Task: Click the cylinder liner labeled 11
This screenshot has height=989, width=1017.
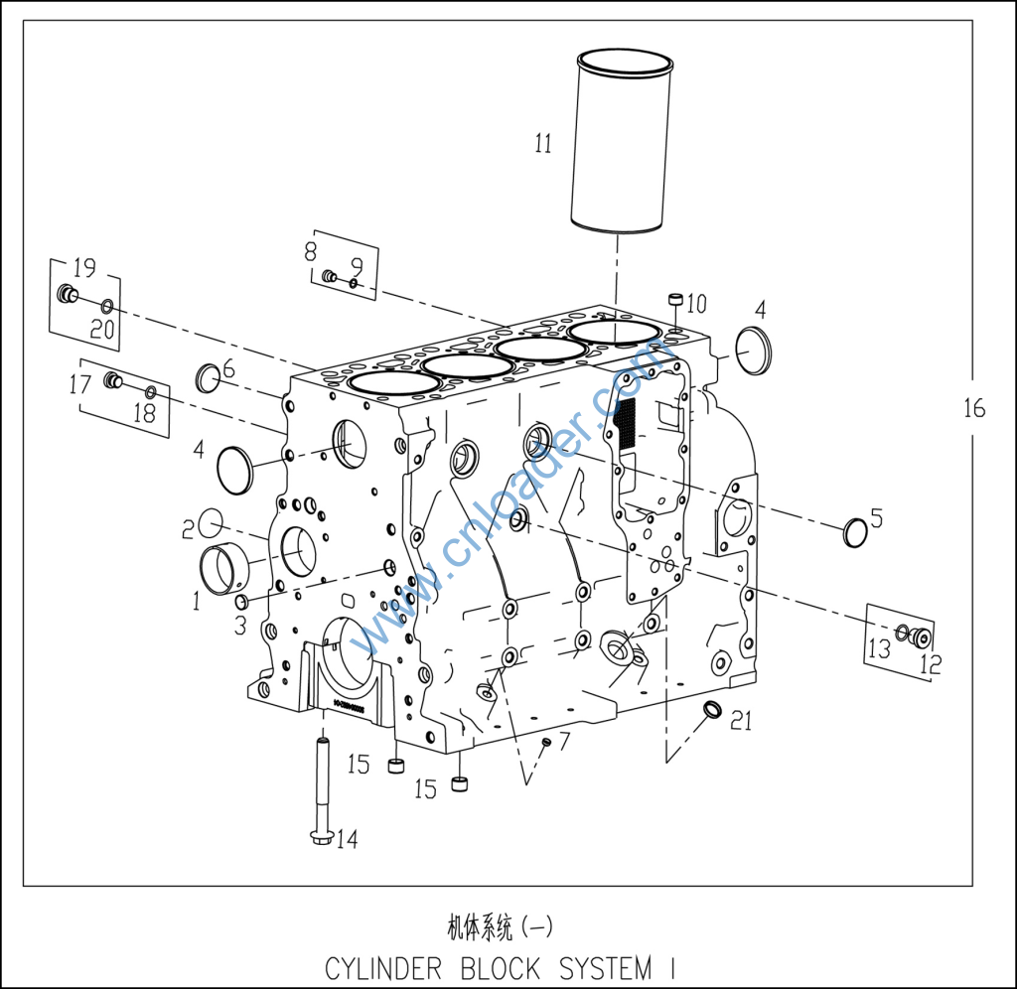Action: coord(622,140)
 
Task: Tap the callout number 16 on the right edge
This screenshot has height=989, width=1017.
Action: coord(974,408)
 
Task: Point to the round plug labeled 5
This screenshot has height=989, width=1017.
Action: coord(855,533)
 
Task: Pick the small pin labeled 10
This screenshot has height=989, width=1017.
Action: coord(675,302)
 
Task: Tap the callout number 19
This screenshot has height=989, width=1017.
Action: coord(84,267)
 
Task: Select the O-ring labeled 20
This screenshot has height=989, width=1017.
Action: coord(107,306)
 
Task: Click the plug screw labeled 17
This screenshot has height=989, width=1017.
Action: coord(113,380)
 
